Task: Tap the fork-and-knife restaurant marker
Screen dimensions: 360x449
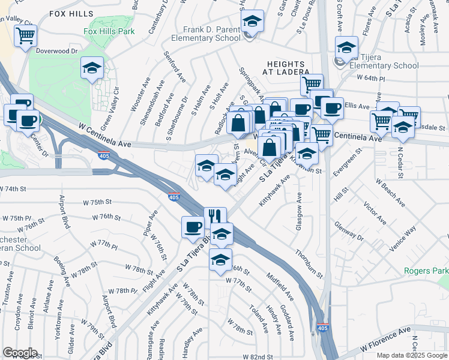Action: click(214, 217)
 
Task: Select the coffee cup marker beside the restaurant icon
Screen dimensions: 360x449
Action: click(193, 227)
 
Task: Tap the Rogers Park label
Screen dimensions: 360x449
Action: click(426, 271)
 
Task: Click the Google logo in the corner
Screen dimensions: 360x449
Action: click(20, 352)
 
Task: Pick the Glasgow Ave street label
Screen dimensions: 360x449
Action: click(298, 210)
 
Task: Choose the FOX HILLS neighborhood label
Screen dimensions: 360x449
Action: click(71, 13)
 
